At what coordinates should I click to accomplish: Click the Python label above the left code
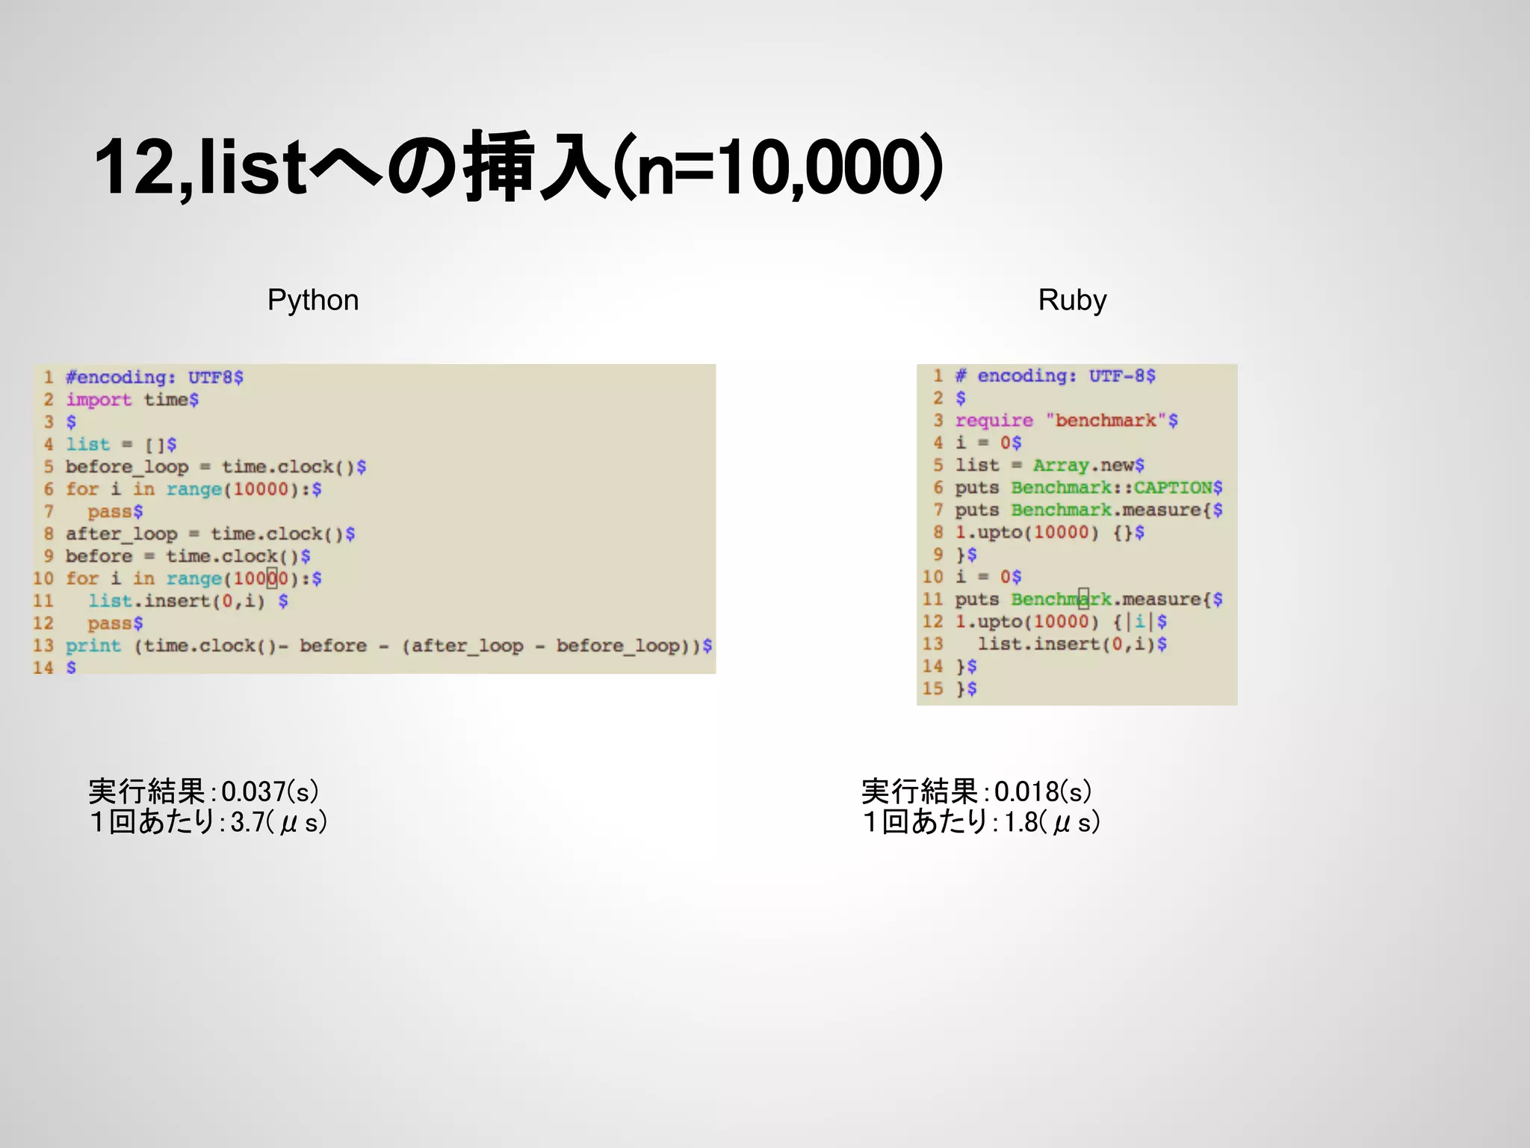313,300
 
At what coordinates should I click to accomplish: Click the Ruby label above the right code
1072,300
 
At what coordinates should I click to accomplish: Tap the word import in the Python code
99,400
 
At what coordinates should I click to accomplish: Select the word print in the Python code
93,646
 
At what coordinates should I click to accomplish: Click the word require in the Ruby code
994,421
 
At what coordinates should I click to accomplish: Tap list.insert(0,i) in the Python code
176,601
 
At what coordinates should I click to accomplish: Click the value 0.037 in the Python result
254,792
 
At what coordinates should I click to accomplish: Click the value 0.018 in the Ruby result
1026,792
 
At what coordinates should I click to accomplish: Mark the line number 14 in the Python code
43,667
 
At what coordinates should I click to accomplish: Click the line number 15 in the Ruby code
933,688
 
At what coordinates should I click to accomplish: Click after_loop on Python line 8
121,534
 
